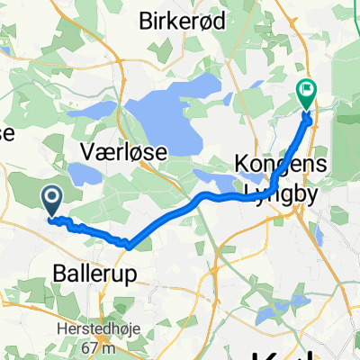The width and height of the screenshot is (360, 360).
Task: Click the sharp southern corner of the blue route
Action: [130, 244]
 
